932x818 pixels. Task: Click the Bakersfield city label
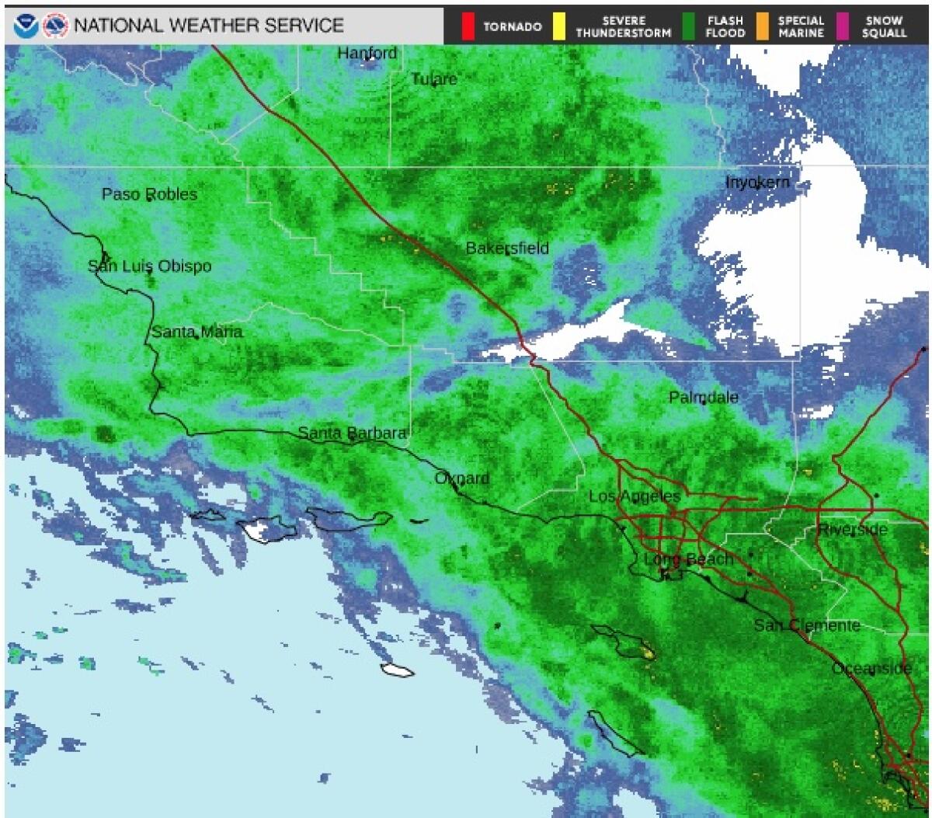(x=507, y=249)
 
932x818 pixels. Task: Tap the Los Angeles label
(x=634, y=496)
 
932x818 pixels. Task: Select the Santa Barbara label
(x=352, y=433)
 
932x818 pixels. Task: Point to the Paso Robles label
(x=149, y=194)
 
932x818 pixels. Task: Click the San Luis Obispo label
(x=149, y=266)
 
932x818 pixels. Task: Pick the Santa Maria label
(x=196, y=332)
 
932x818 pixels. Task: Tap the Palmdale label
(x=703, y=398)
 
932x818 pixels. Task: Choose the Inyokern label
(x=757, y=183)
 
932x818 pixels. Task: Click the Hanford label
(x=367, y=54)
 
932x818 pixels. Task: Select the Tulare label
(x=434, y=79)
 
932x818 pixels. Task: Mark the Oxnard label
(x=461, y=479)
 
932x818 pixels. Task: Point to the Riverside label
(x=852, y=530)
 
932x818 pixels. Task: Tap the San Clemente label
(x=807, y=625)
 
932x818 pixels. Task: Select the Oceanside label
(x=871, y=669)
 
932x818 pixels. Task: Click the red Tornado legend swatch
(x=468, y=26)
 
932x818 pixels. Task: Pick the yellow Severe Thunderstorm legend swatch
(x=558, y=26)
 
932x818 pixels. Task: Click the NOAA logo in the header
(x=26, y=26)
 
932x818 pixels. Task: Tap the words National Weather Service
(x=208, y=26)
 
